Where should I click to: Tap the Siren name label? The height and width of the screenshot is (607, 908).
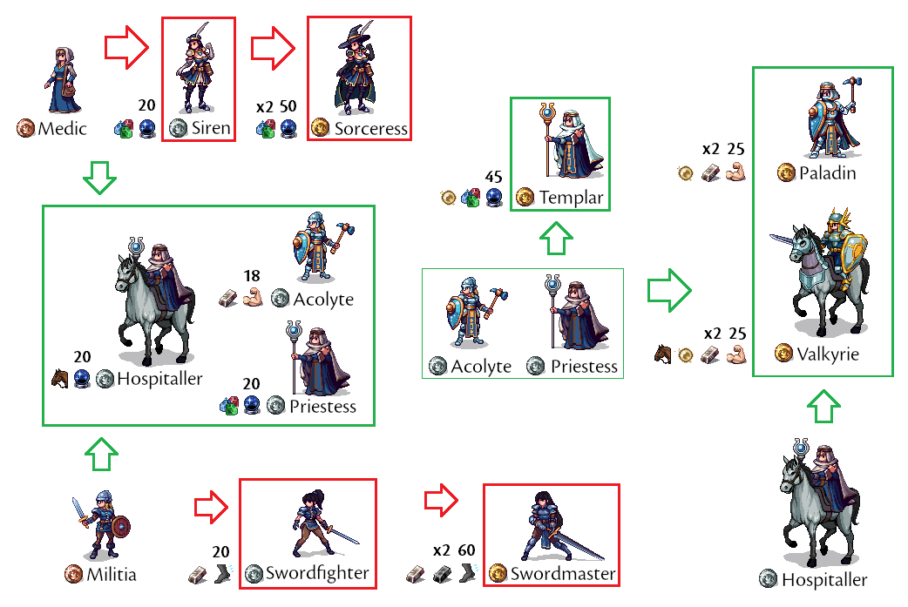pyautogui.click(x=211, y=129)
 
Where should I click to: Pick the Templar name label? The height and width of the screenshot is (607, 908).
pyautogui.click(x=571, y=198)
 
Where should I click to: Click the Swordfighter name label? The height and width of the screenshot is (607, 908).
pyautogui.click(x=317, y=573)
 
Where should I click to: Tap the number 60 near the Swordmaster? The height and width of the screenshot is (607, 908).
pyautogui.click(x=466, y=550)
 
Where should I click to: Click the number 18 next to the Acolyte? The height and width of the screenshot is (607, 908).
pyautogui.click(x=252, y=277)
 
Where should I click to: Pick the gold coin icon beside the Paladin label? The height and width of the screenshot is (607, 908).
pyautogui.click(x=786, y=173)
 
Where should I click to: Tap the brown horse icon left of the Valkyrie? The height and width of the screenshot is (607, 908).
pyautogui.click(x=664, y=354)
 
